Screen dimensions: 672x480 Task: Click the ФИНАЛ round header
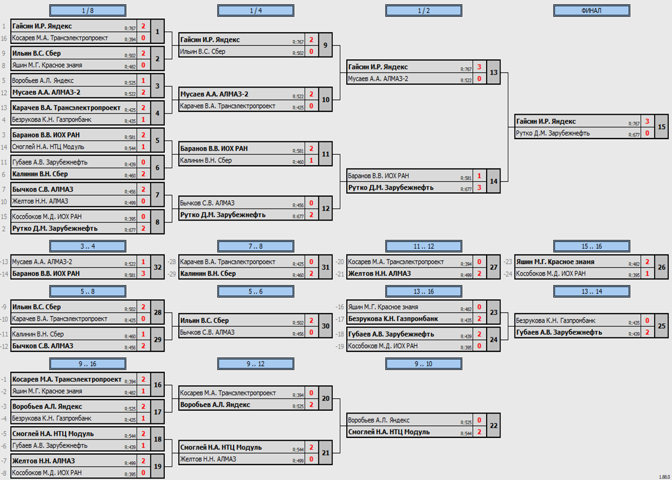pos(592,11)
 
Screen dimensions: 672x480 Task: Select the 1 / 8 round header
pos(87,11)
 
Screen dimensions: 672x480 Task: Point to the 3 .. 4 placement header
pos(87,246)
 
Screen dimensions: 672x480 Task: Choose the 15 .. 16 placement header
pos(592,246)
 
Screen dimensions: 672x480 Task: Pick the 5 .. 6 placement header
pos(255,292)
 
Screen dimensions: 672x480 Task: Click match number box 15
pos(661,127)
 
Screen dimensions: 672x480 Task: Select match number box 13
pos(493,73)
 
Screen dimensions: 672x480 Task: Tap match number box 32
pos(158,267)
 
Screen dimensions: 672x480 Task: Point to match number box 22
pos(493,426)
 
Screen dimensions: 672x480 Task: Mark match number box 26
pos(661,267)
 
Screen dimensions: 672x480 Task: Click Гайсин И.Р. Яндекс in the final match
pos(545,121)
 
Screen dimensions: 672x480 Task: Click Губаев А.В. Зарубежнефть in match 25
pos(558,332)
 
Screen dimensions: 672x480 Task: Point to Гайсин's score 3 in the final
pos(646,121)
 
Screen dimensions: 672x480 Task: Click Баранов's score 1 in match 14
pos(479,176)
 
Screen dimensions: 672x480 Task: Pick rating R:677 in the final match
pos(633,135)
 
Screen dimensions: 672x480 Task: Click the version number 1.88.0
pos(664,477)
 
